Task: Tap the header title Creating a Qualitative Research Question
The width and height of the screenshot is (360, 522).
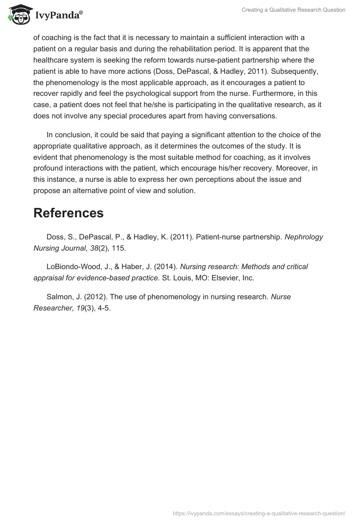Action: point(293,10)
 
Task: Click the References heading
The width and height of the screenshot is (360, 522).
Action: point(68,213)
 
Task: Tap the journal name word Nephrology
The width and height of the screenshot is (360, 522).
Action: point(304,237)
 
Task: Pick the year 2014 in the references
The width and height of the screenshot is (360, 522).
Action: point(166,266)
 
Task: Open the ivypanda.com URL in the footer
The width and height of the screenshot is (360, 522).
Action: point(259,513)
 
